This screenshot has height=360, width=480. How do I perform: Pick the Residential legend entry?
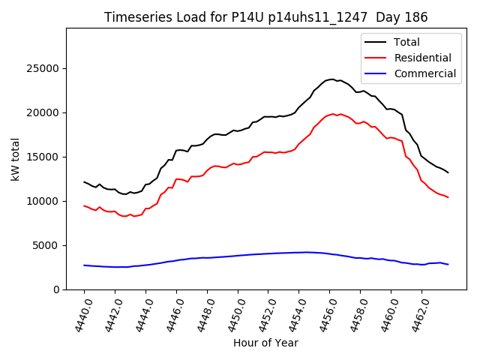(x=409, y=58)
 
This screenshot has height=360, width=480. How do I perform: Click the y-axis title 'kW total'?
(x=15, y=159)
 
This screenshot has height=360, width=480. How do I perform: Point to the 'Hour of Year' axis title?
(x=265, y=343)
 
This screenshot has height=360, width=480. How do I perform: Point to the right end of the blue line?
(x=448, y=265)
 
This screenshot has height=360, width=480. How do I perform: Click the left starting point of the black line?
(x=84, y=181)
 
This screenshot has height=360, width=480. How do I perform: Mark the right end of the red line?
(x=448, y=197)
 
